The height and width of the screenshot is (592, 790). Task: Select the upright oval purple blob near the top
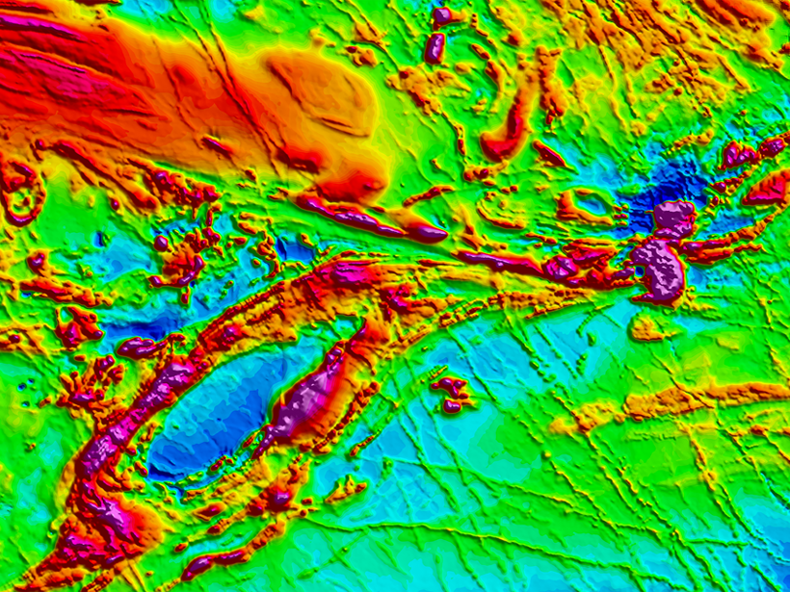[x=435, y=47]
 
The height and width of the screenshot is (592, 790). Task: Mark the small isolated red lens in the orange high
[x=217, y=145]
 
